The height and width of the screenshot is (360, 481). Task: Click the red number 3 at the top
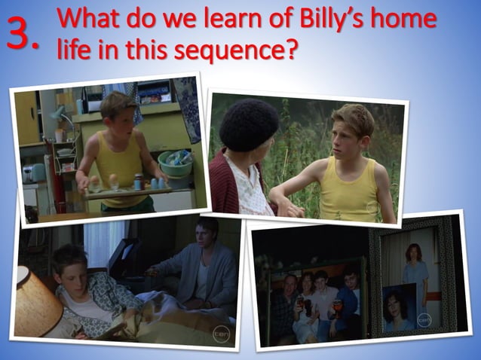pos(21,33)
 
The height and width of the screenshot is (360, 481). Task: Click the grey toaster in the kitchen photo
pos(35,175)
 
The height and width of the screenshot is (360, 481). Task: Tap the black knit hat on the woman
pos(249,124)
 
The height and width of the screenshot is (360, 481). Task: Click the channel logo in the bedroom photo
pos(221,331)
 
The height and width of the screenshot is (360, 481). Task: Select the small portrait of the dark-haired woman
pos(399,310)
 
